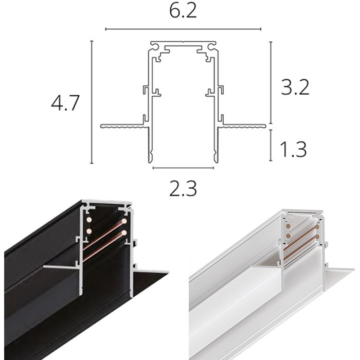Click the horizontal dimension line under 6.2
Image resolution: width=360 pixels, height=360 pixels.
click(x=183, y=29)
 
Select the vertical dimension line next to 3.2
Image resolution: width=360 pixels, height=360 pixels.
click(x=271, y=82)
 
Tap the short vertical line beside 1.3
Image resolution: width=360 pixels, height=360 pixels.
click(x=271, y=146)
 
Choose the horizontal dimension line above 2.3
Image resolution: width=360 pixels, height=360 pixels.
click(x=183, y=168)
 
